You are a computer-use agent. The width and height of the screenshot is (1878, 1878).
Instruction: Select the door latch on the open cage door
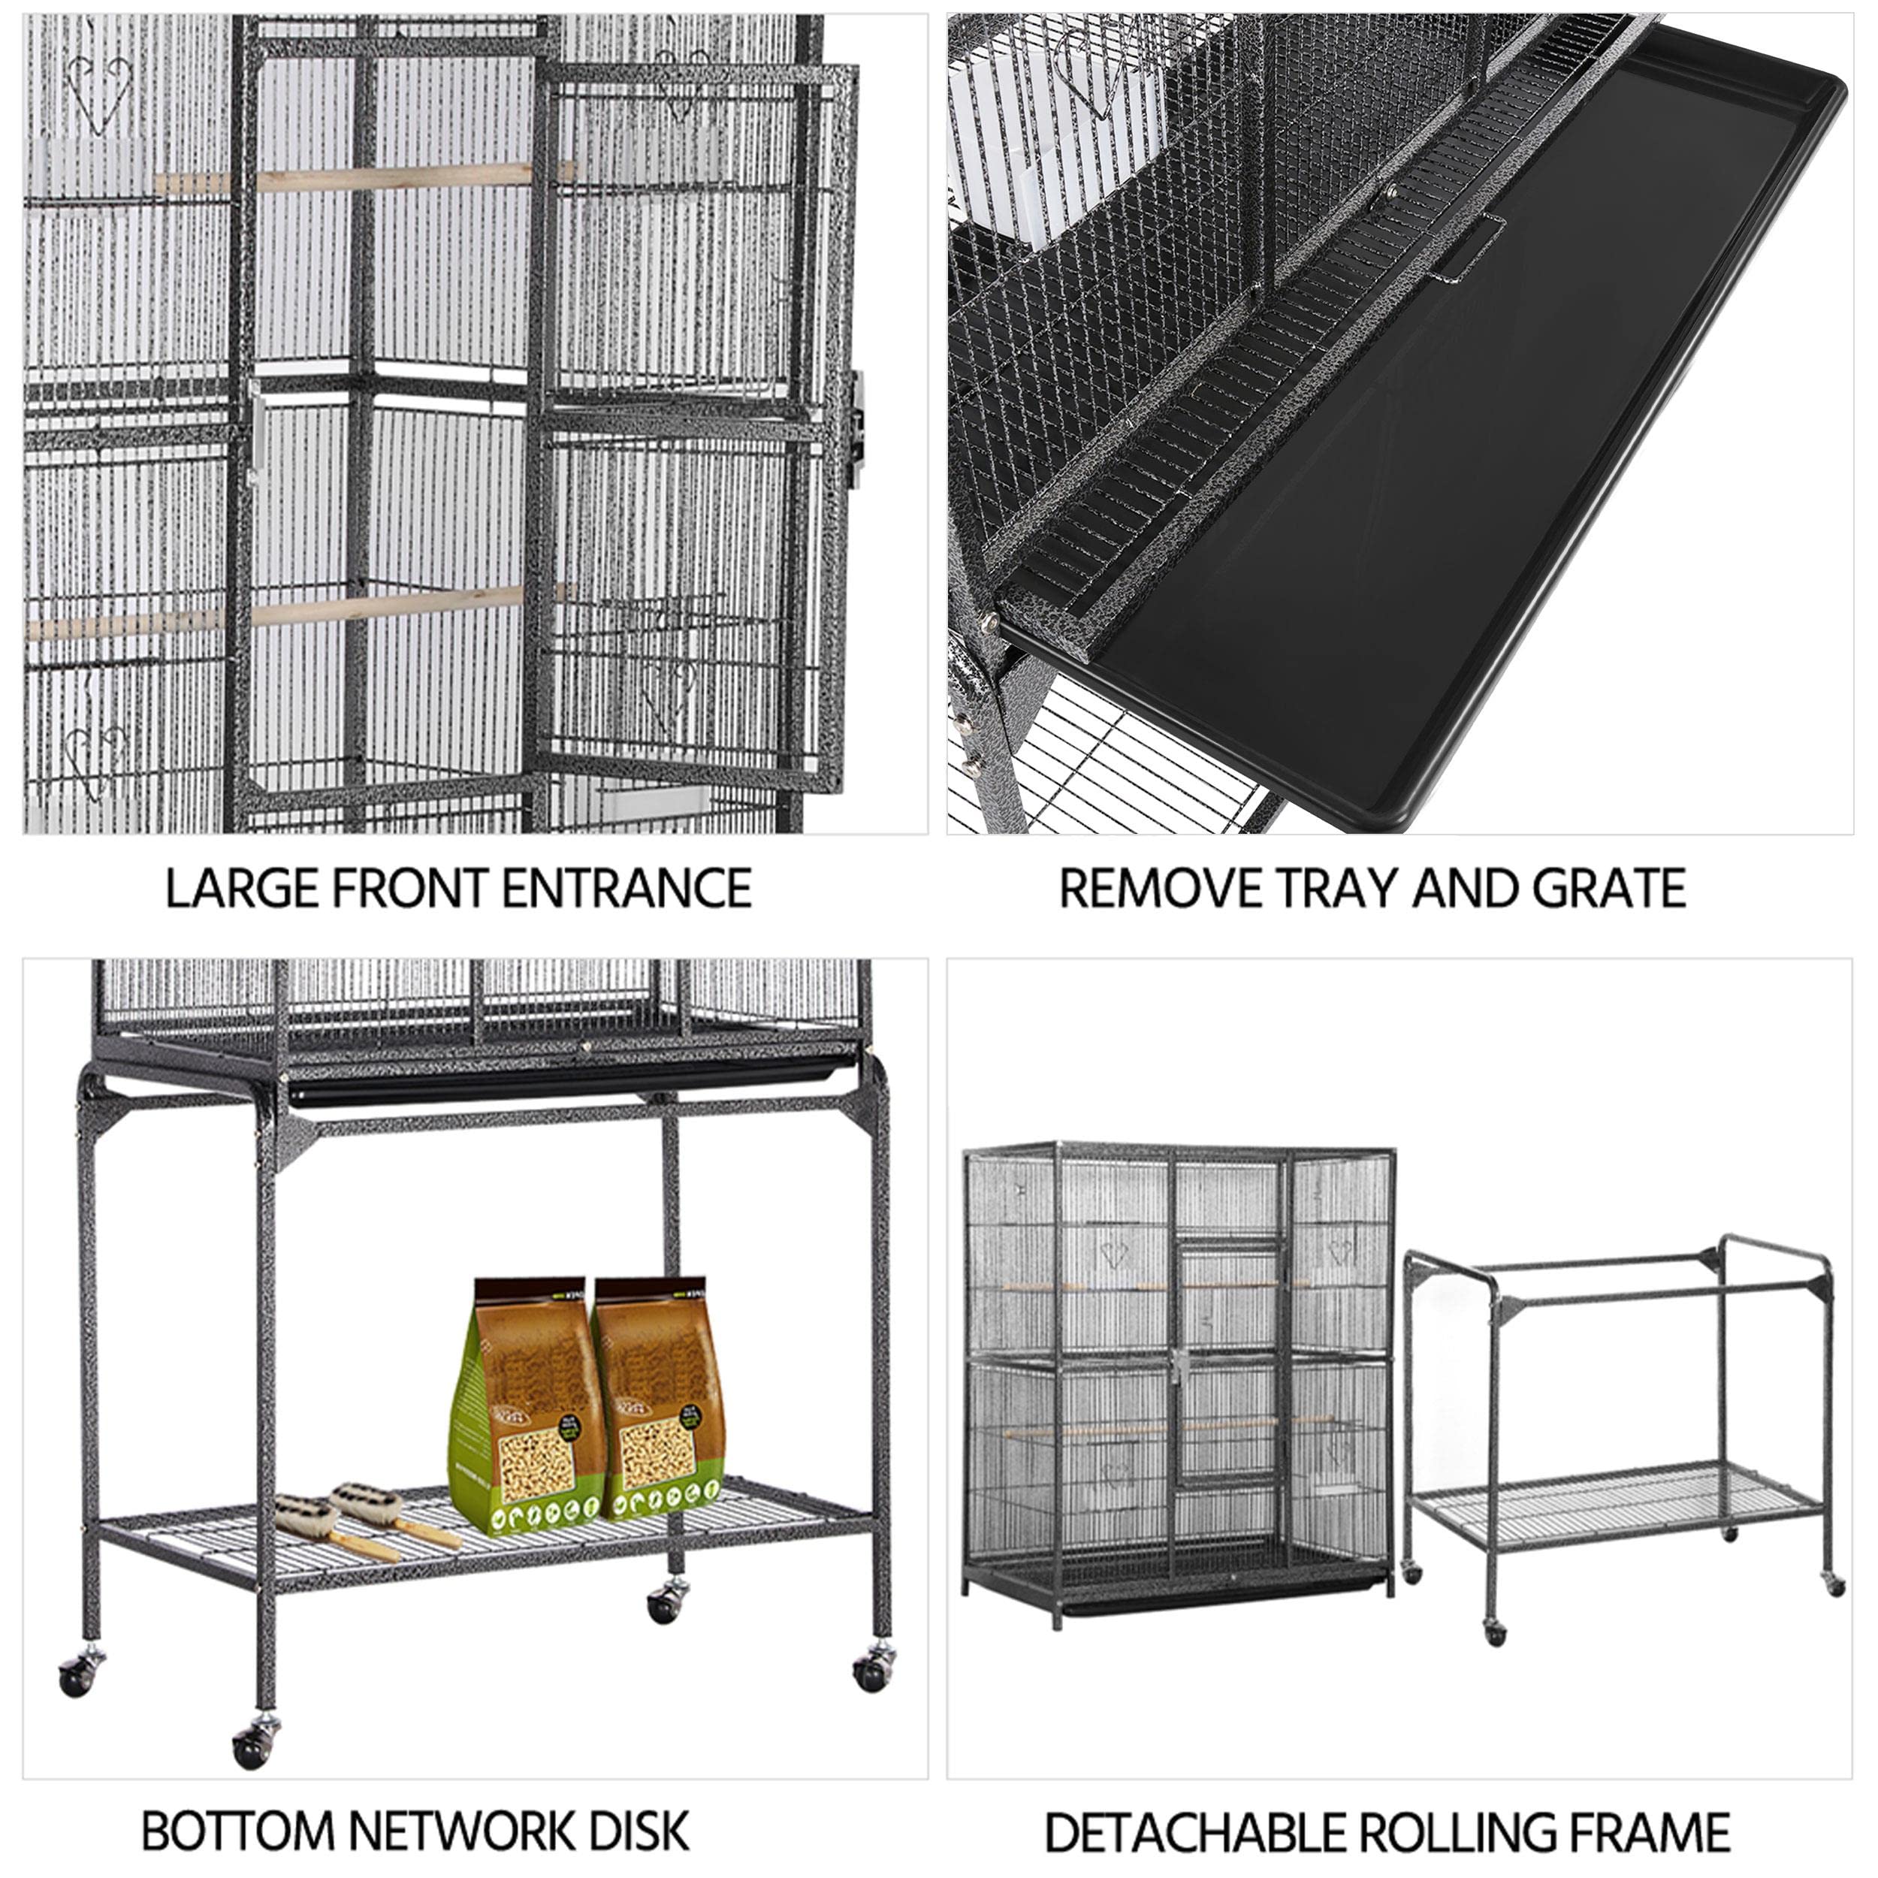pyautogui.click(x=857, y=427)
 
